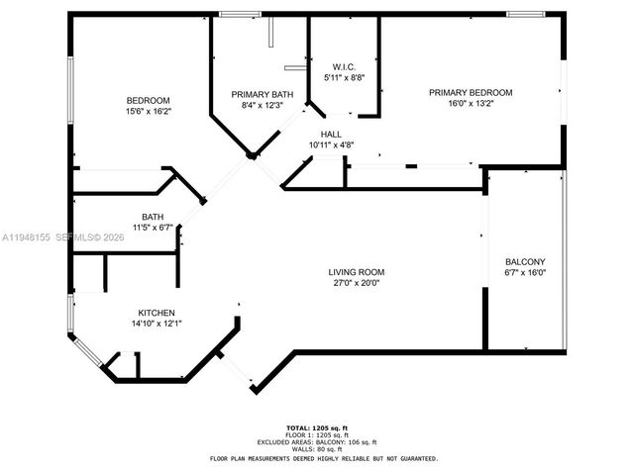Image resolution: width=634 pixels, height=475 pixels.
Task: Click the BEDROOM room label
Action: click(148, 100)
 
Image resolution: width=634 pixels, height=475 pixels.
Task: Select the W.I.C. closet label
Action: click(344, 64)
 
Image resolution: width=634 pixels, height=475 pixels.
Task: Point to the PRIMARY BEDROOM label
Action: click(471, 92)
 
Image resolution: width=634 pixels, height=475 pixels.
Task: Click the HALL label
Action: click(331, 133)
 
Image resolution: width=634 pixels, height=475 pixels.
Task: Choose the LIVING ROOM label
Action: click(357, 272)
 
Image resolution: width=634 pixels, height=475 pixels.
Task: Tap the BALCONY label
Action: click(525, 262)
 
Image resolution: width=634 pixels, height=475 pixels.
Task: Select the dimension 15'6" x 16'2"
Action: click(148, 112)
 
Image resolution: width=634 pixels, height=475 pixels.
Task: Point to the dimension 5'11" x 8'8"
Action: click(344, 76)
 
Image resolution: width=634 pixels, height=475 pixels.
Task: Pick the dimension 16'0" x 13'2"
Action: click(471, 104)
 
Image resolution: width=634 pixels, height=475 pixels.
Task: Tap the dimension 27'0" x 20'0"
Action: click(357, 283)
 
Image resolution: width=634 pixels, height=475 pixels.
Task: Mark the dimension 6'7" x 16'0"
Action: click(525, 274)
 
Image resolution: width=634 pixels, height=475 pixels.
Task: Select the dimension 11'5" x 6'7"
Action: click(153, 228)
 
